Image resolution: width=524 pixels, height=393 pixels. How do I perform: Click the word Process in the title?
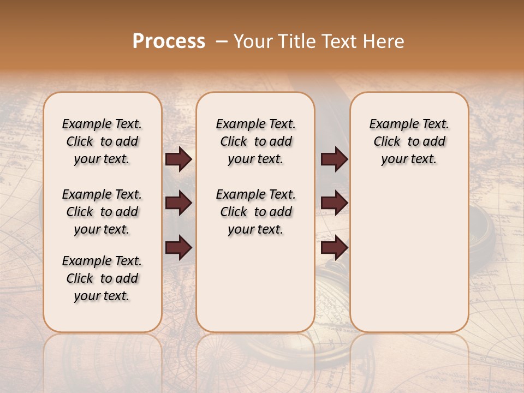(x=169, y=41)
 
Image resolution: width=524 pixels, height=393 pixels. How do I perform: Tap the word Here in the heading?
(x=384, y=41)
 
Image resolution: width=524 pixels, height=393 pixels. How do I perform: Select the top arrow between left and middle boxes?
(x=178, y=159)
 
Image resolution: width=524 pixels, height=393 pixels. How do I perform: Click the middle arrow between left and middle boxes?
(x=178, y=203)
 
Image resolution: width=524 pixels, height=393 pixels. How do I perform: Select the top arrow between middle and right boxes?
(x=334, y=159)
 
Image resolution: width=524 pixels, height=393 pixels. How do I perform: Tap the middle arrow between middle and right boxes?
(x=334, y=203)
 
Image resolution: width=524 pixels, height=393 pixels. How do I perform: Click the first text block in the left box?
(x=102, y=141)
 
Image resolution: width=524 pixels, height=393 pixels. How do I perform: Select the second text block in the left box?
(x=102, y=212)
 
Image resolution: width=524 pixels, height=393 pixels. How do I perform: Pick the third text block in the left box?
(x=102, y=278)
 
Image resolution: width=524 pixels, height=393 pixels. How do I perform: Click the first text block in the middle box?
(x=255, y=141)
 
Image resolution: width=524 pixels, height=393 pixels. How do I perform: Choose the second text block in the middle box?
(x=255, y=212)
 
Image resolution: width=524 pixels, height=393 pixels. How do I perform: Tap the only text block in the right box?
(x=409, y=141)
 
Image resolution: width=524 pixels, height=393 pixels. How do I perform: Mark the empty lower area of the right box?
(x=409, y=257)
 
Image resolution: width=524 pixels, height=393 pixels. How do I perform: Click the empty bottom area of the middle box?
(x=255, y=284)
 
